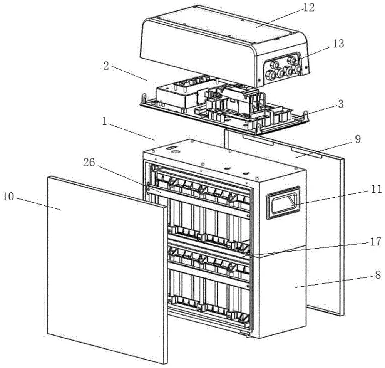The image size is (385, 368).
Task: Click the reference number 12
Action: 309,7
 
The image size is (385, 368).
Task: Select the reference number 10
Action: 9,197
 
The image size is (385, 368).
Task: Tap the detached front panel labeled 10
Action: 104,270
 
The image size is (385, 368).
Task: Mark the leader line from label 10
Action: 37,203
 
